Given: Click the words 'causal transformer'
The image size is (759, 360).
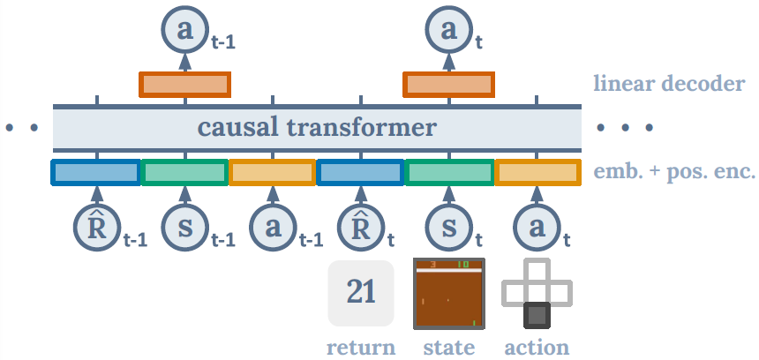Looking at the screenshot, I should (x=317, y=128).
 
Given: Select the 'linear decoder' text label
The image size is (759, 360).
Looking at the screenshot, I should (x=669, y=85).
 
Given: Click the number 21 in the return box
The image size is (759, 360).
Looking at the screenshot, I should (x=361, y=292).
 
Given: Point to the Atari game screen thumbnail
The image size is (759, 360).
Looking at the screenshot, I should (x=448, y=292).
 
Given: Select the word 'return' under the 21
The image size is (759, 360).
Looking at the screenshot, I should (x=361, y=347).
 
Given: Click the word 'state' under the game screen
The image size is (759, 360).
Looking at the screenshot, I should (x=448, y=347).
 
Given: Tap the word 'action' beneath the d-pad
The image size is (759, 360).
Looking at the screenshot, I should (x=537, y=347).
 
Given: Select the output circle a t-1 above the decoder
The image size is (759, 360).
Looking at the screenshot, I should (x=184, y=30).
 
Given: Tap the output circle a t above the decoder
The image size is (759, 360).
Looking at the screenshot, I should (x=448, y=30).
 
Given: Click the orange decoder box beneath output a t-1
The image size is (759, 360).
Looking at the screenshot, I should (x=184, y=85).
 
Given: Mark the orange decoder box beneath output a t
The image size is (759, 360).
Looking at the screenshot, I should (x=449, y=85).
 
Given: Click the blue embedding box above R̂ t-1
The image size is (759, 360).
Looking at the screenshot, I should (x=95, y=171).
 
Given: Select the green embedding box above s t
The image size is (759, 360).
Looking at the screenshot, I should (x=449, y=171).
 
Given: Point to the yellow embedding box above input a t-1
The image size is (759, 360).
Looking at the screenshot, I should (x=273, y=171).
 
